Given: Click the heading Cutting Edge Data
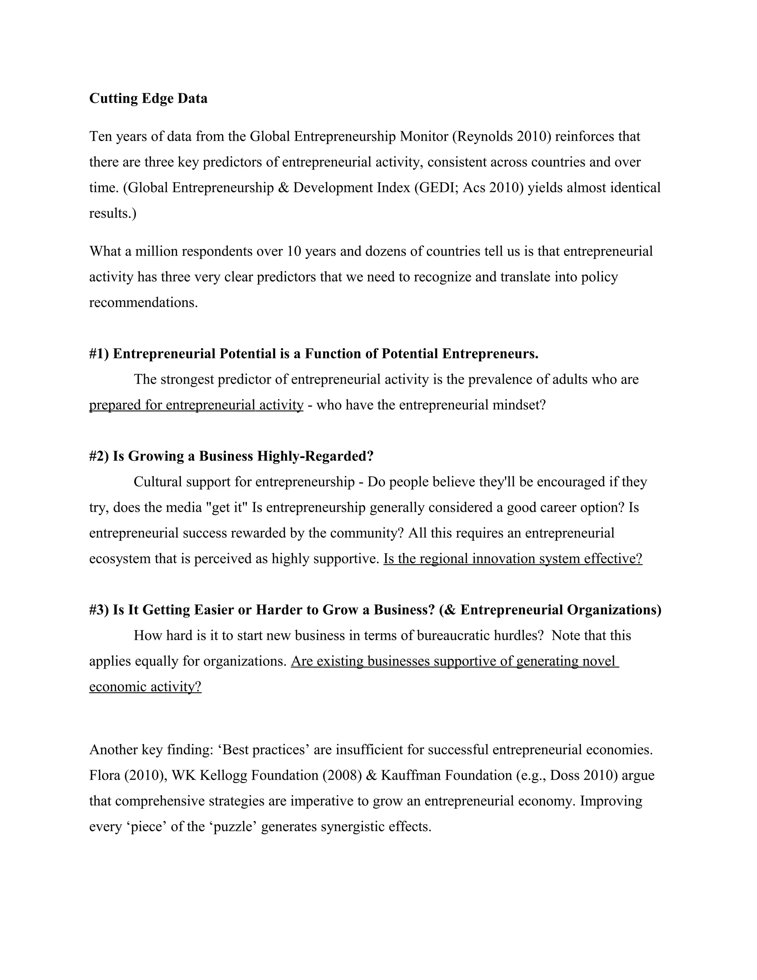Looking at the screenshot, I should pyautogui.click(x=149, y=98).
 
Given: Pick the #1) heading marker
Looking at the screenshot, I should pyautogui.click(x=99, y=354).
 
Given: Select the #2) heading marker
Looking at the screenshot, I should pyautogui.click(x=99, y=456).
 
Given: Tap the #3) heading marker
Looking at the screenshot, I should pyautogui.click(x=99, y=610).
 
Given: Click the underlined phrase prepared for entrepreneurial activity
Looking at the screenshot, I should pyautogui.click(x=196, y=405).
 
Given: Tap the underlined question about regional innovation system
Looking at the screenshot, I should pyautogui.click(x=513, y=559).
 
